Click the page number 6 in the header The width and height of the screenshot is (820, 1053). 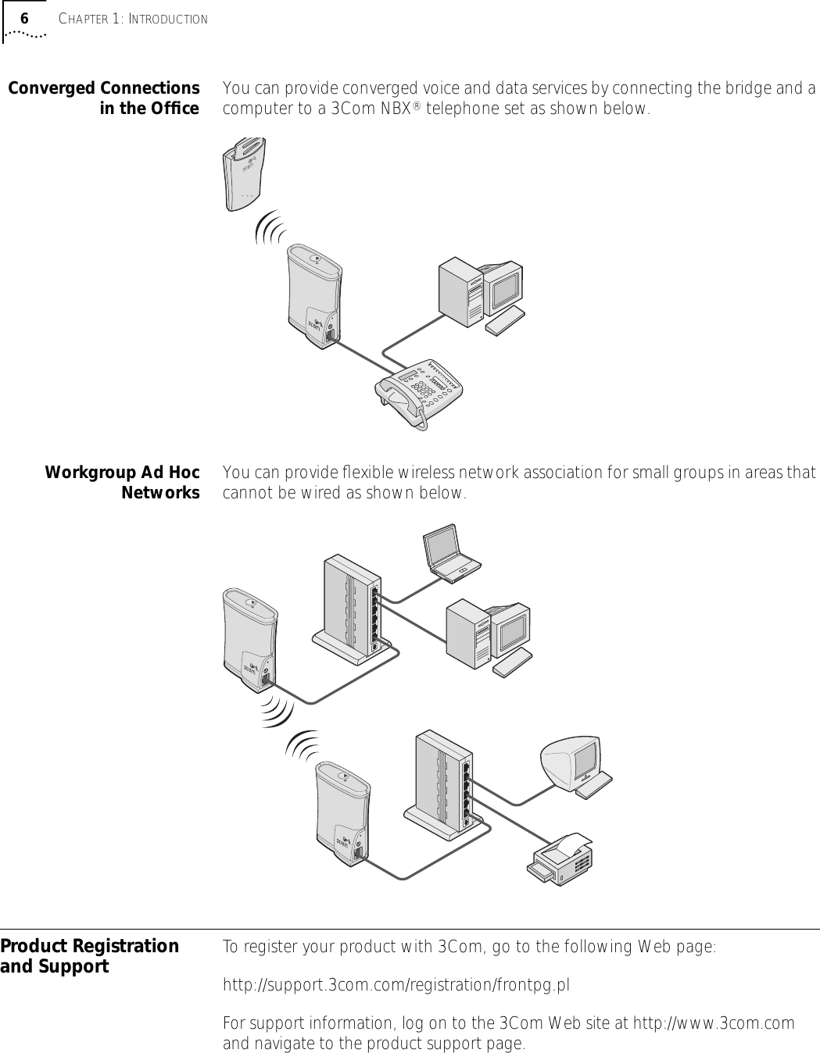24,18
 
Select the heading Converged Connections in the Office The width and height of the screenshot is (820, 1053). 104,98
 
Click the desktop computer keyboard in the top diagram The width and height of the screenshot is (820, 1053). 505,321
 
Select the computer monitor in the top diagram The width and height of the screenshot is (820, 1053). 502,287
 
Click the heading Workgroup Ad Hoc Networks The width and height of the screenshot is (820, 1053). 122,483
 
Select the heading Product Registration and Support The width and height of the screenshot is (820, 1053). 89,956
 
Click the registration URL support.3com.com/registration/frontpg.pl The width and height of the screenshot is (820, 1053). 396,985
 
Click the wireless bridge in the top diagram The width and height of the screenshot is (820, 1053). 314,297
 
